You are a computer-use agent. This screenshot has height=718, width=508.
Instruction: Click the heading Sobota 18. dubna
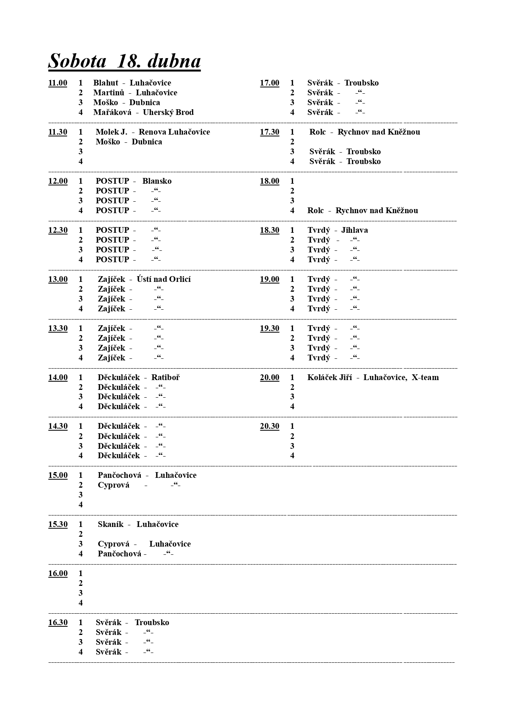pos(124,61)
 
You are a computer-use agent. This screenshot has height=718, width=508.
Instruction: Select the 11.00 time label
pos(58,83)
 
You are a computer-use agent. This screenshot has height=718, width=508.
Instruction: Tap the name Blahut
pos(106,83)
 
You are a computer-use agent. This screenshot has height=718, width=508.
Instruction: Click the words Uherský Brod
pos(168,113)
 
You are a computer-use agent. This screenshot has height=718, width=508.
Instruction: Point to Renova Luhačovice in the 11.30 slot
pos(174,132)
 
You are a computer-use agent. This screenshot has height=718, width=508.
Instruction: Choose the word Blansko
pos(157,181)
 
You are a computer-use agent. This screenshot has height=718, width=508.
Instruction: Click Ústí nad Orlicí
pos(164,279)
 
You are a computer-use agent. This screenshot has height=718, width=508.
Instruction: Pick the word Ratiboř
pos(165,378)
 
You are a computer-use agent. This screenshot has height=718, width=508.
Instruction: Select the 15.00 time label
pos(58,475)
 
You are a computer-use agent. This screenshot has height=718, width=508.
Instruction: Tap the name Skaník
pos(111,524)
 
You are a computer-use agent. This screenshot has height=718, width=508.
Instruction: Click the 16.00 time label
pos(58,574)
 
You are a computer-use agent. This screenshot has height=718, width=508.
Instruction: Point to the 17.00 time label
pos(269,83)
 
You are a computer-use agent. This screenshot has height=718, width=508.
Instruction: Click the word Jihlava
pos(354,230)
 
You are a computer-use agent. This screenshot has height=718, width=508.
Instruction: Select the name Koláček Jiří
pos(330,378)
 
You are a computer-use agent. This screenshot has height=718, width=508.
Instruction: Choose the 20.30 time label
pos(269,426)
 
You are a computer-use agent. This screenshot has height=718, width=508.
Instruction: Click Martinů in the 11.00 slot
pos(108,93)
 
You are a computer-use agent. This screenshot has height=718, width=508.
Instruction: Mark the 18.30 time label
pos(269,230)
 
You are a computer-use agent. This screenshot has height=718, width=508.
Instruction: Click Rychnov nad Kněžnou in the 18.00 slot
pos(377,211)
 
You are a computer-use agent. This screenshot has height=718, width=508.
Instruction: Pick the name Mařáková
pos(112,113)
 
